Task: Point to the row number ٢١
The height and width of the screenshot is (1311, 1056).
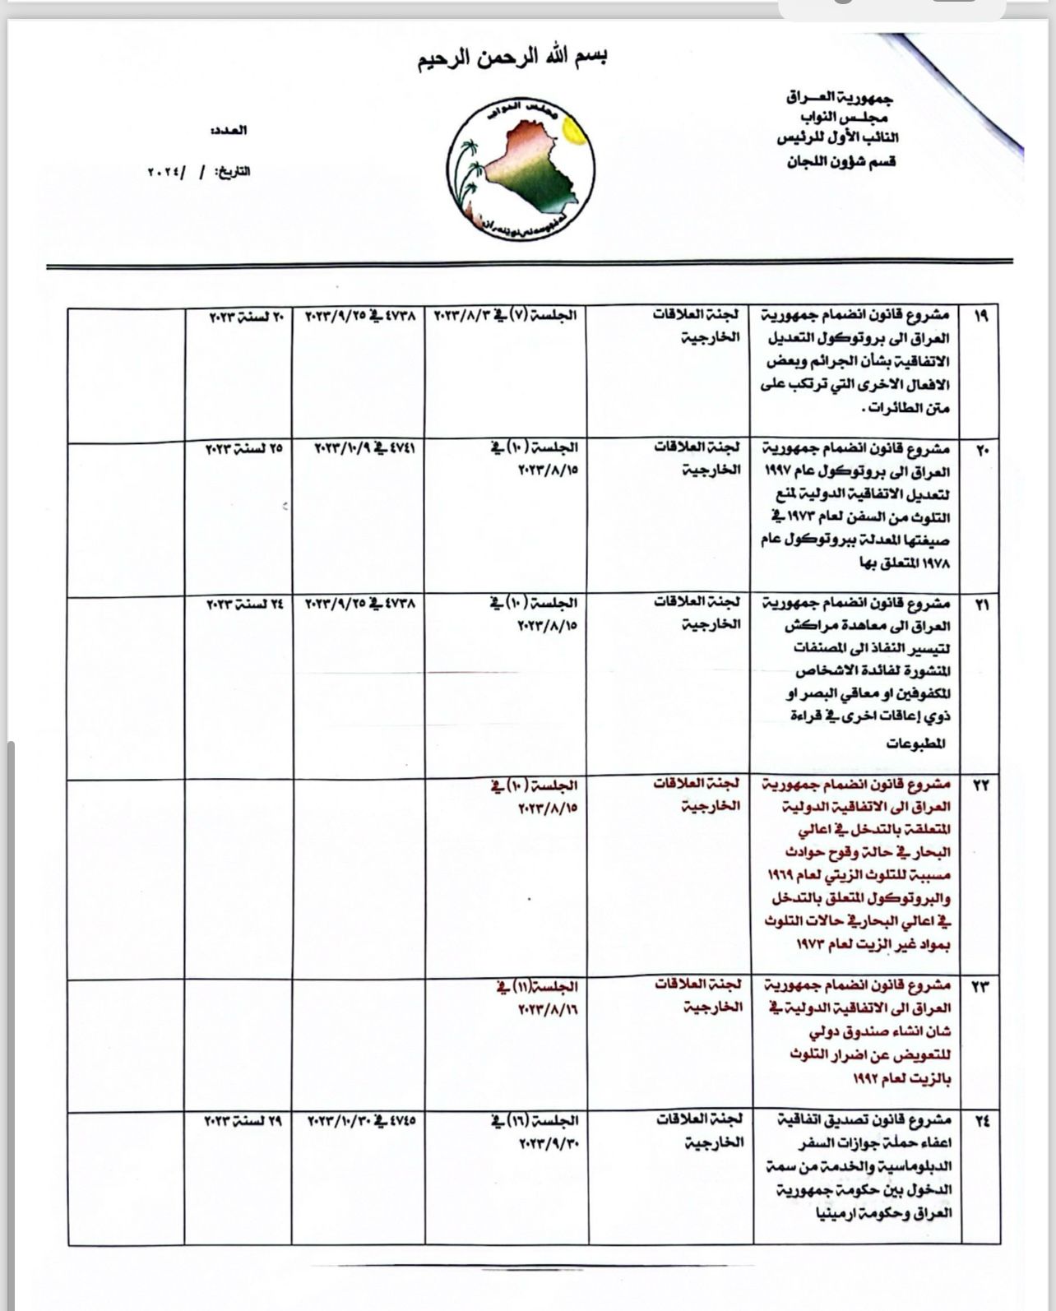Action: tap(980, 605)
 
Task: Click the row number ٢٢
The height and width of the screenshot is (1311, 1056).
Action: tap(980, 785)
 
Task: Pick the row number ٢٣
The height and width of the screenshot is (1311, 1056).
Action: tap(980, 986)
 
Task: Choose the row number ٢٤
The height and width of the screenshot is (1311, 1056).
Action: tap(980, 1121)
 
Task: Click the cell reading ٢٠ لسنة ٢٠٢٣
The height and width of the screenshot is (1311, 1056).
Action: tap(244, 316)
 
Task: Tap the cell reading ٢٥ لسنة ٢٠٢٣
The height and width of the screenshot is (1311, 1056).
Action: tap(244, 449)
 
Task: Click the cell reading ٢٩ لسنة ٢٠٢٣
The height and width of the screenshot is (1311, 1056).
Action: tap(244, 1119)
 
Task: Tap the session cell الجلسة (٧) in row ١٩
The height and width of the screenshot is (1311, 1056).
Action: tap(506, 316)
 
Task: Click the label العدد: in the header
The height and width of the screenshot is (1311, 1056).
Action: tap(229, 130)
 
